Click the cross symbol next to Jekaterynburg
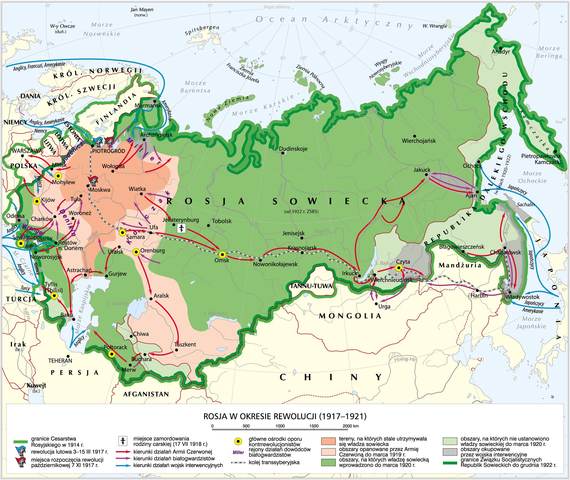coord(181,228)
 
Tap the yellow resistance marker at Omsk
coord(222,255)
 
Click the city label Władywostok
coord(522,297)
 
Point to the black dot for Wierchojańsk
coord(415,136)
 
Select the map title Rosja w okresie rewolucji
coord(285,416)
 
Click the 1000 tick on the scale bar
coord(280,426)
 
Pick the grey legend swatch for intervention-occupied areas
coord(450,452)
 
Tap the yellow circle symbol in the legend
coord(238,441)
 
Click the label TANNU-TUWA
coord(311,286)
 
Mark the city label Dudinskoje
coord(293,149)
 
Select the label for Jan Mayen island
coord(142,10)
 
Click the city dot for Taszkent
coord(176,350)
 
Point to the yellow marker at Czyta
coord(399,268)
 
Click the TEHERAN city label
coord(60,361)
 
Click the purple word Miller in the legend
coord(238,452)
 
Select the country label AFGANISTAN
coord(146,394)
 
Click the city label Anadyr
coord(500,52)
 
